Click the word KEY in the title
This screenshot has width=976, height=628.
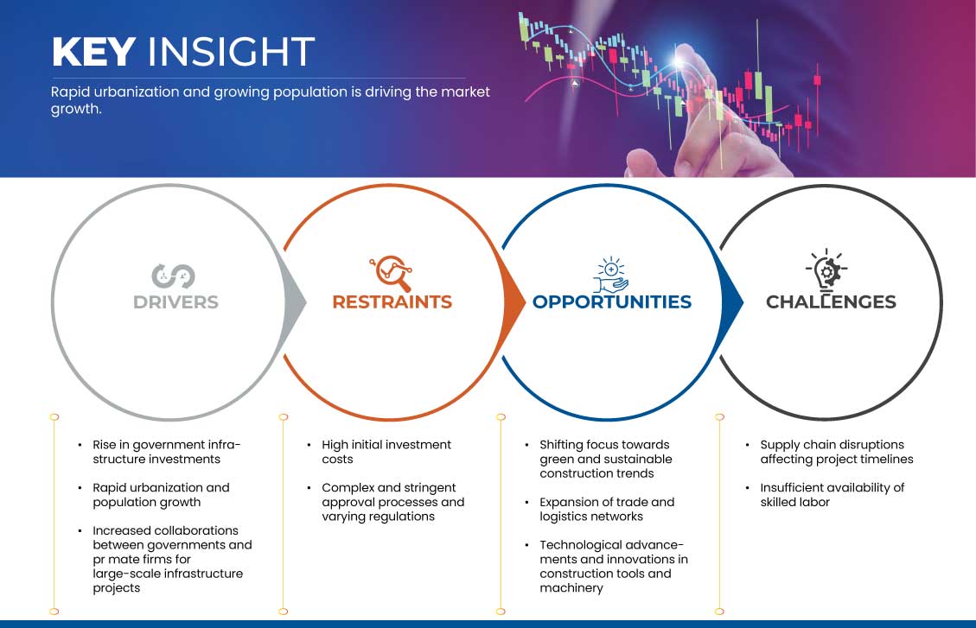click(x=94, y=52)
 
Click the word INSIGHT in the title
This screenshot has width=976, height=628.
click(x=231, y=52)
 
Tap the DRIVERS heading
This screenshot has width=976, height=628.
click(x=175, y=302)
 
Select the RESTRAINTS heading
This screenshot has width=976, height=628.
click(x=392, y=302)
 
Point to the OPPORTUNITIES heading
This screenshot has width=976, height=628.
click(x=612, y=302)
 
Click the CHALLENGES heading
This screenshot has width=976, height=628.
click(x=831, y=302)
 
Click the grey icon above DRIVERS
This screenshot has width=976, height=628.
click(x=173, y=276)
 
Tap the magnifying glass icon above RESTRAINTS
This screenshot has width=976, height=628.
click(x=392, y=273)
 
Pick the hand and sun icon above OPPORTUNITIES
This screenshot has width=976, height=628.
click(x=610, y=274)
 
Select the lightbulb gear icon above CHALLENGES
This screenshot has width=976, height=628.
click(x=826, y=270)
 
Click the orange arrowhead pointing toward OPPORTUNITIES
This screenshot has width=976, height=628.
click(x=514, y=303)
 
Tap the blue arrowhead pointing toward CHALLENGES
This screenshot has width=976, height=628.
click(x=732, y=303)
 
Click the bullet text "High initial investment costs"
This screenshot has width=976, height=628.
click(x=386, y=452)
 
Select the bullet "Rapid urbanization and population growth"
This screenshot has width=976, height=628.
click(x=161, y=495)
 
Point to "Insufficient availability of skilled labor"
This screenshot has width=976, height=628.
click(x=832, y=495)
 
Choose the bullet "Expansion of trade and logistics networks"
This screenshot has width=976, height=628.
click(x=607, y=510)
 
